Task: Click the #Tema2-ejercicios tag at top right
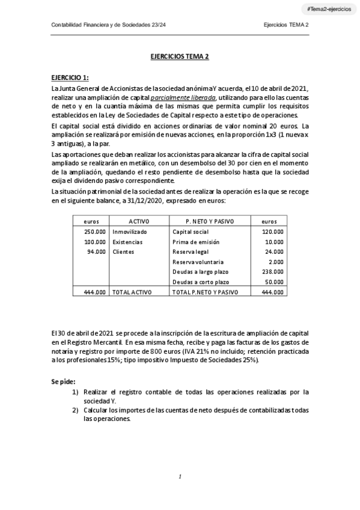[329, 10]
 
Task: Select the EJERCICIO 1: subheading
[70, 78]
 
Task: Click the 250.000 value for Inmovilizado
[95, 231]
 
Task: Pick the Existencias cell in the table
[127, 241]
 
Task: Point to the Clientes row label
[123, 251]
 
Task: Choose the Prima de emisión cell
[194, 241]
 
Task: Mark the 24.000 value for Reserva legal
[275, 251]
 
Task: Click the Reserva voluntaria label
[198, 262]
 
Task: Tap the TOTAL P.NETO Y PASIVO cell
[206, 292]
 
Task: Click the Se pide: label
[63, 381]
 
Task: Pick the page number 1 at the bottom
[180, 476]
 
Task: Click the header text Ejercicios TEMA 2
[286, 25]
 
